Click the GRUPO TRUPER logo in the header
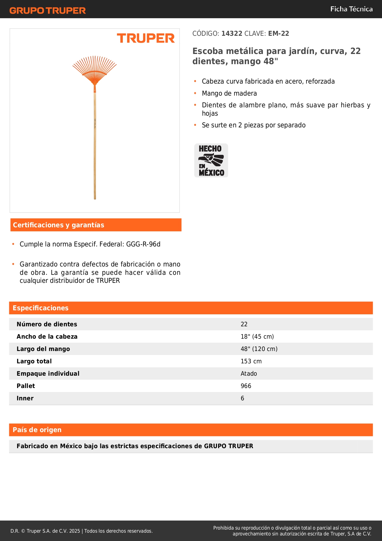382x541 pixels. (48, 10)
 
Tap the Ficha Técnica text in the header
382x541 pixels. (351, 9)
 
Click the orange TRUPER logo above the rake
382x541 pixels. (146, 38)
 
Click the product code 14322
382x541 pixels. (232, 34)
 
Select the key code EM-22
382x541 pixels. (279, 34)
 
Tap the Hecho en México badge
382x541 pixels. (211, 160)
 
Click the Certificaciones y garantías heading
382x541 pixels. (58, 225)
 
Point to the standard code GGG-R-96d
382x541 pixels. (143, 244)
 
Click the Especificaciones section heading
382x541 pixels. (41, 308)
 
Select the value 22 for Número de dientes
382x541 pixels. (244, 324)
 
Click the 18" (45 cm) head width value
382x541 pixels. (257, 337)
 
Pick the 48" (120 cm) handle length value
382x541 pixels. (259, 349)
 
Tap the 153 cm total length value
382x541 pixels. (251, 361)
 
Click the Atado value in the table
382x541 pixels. (249, 374)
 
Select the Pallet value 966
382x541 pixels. (246, 386)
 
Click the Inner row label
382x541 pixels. (25, 398)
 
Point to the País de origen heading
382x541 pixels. (37, 430)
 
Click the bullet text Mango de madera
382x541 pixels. (229, 93)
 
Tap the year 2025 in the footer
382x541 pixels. (74, 531)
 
